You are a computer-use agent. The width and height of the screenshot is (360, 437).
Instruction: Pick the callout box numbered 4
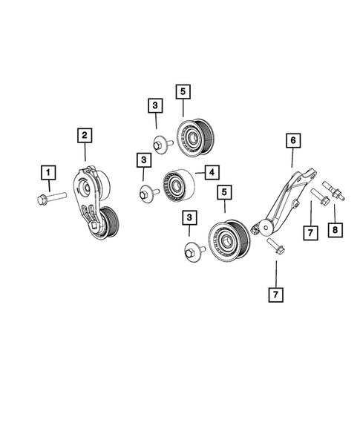(212, 172)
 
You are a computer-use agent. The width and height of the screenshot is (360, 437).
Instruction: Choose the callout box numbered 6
(292, 139)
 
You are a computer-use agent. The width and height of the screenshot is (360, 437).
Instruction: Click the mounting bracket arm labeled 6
(285, 200)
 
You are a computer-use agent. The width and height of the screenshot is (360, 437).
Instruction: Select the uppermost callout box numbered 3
(154, 106)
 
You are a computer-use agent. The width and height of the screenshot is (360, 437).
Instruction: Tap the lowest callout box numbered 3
(189, 218)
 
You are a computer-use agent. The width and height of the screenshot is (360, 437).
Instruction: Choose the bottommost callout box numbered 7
(276, 295)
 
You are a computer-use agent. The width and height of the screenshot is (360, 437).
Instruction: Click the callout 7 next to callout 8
(311, 233)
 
